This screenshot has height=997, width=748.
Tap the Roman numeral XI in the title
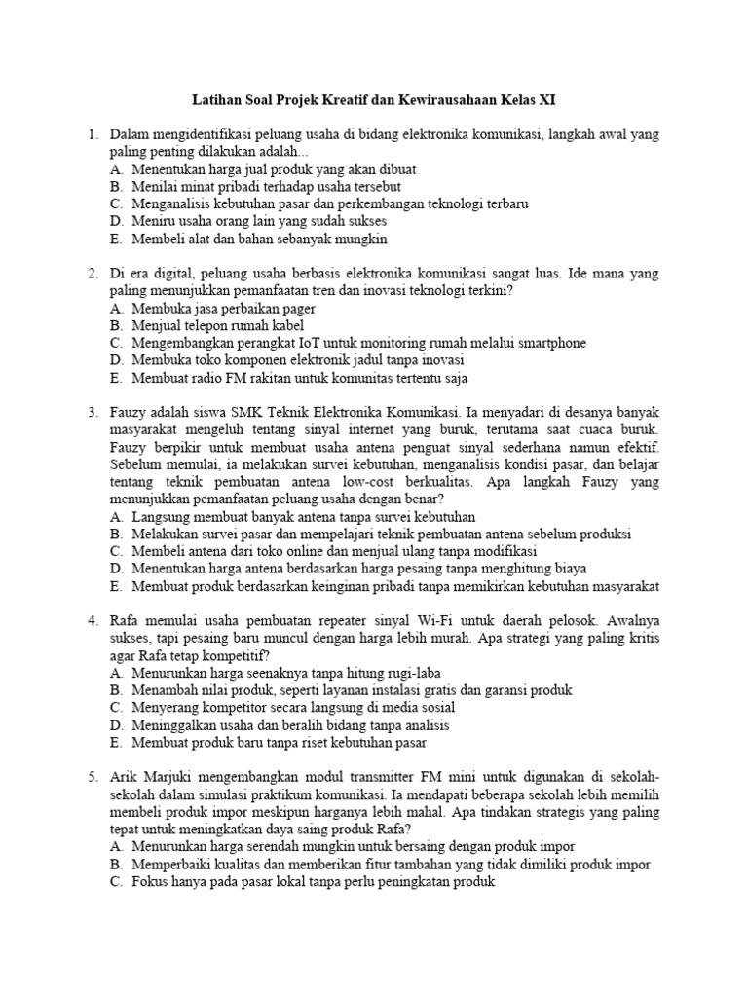[547, 100]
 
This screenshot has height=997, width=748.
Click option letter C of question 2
[116, 344]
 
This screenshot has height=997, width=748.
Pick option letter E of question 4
[116, 743]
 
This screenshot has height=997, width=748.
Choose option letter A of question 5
[116, 846]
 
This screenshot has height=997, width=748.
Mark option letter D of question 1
[116, 222]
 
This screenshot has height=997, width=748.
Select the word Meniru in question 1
[154, 222]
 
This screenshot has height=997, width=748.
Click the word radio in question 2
[207, 379]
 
